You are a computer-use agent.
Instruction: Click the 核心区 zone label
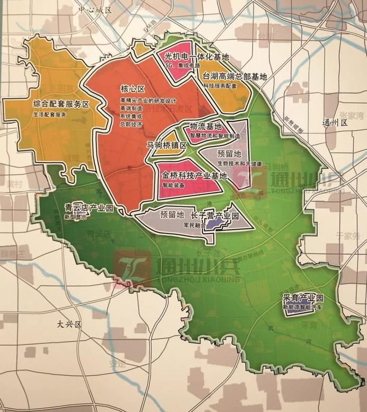(x=132, y=88)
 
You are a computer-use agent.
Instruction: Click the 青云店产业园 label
(x=88, y=209)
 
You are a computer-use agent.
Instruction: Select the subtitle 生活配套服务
(x=50, y=114)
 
